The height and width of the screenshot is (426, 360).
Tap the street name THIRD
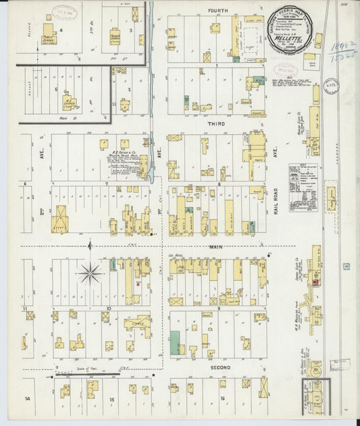click(217, 124)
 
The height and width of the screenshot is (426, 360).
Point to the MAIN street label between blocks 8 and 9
click(215, 249)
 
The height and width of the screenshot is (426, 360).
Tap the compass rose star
click(90, 273)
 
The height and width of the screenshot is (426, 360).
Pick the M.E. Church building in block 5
click(69, 103)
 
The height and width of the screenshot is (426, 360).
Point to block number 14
click(28, 400)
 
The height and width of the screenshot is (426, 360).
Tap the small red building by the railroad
click(313, 282)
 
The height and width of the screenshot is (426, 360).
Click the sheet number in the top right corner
click(344, 4)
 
